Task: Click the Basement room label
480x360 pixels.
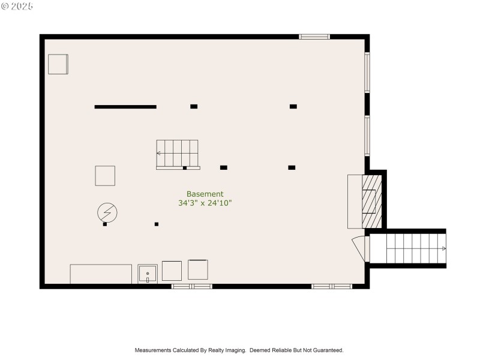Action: tap(205, 194)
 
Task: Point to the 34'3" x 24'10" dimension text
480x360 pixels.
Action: tap(205, 203)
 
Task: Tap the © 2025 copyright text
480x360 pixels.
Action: tap(17, 6)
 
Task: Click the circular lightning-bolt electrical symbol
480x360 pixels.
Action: tap(107, 212)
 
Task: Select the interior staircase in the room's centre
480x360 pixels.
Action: tap(178, 154)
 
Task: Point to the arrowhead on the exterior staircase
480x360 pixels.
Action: tap(443, 248)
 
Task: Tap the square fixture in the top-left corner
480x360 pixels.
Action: tap(58, 64)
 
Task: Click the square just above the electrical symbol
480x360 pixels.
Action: tap(105, 176)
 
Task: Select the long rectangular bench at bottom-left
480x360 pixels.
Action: tap(101, 274)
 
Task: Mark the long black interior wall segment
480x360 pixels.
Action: tap(125, 107)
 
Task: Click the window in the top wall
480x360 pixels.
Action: tap(314, 37)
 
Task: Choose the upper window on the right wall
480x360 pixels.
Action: tap(367, 73)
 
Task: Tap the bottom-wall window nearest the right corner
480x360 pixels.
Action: tap(332, 287)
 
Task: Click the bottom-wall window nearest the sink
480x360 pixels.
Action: tap(192, 287)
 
